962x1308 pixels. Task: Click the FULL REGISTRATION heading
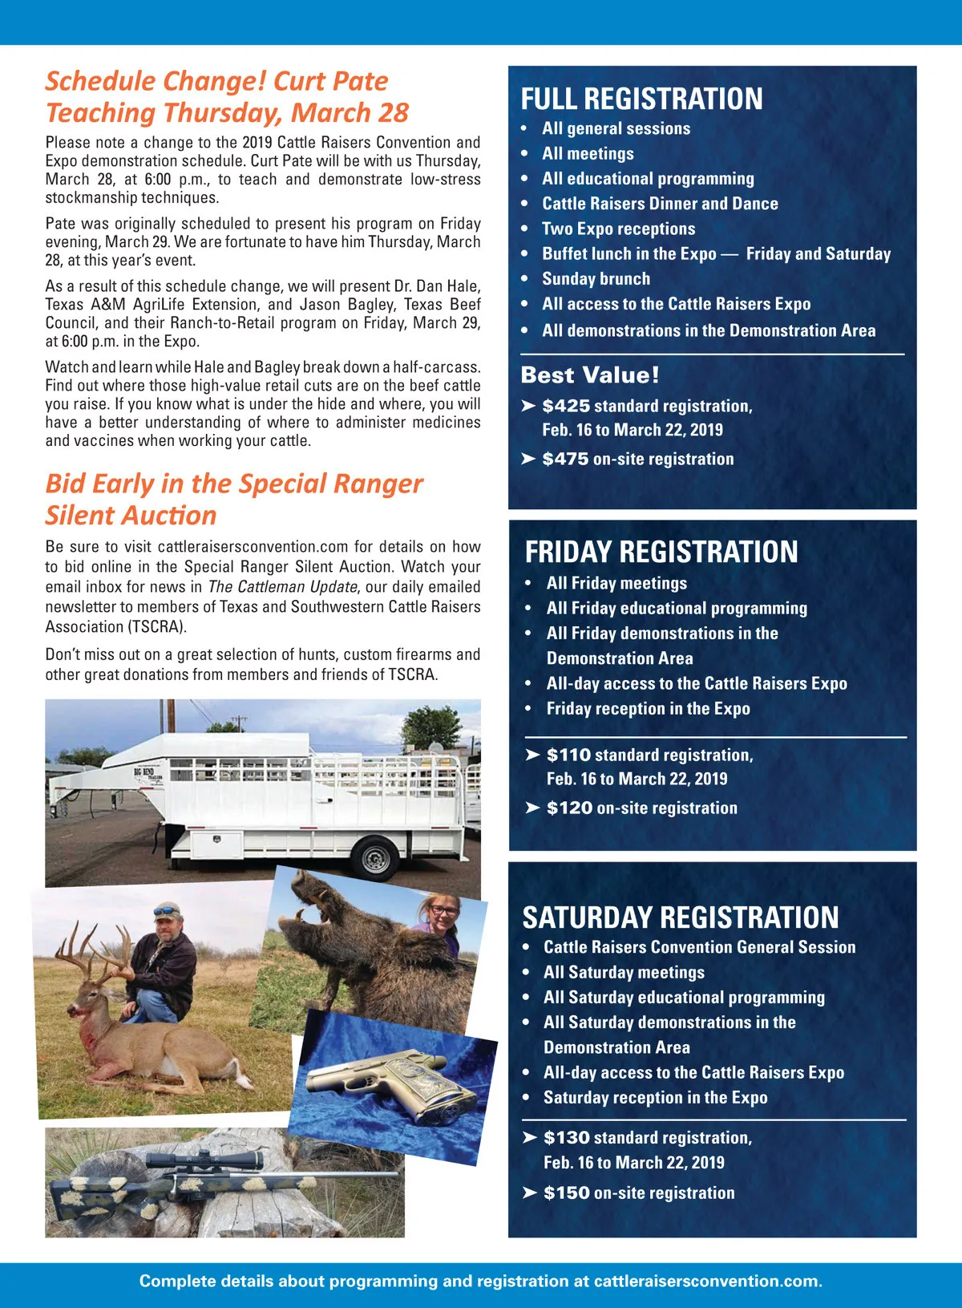point(641,99)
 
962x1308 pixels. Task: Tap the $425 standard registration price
point(565,407)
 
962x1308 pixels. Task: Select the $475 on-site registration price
point(565,460)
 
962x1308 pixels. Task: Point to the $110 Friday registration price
point(568,755)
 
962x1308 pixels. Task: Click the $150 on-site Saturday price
point(566,1193)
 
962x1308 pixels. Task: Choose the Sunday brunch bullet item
point(596,279)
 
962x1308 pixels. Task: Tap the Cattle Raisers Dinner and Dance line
point(660,204)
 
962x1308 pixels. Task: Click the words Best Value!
point(590,375)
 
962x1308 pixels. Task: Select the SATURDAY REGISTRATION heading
point(681,917)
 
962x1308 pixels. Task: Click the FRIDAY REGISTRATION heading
point(661,552)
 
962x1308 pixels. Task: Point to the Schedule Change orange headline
point(228,97)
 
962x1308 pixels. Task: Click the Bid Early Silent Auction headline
point(234,499)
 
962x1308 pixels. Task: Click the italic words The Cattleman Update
point(282,587)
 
